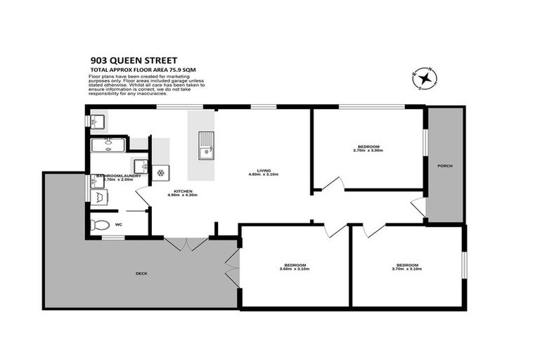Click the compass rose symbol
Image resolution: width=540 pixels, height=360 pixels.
(x=424, y=77)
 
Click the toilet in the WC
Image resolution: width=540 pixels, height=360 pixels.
(x=100, y=225)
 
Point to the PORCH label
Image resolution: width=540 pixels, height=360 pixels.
(x=444, y=166)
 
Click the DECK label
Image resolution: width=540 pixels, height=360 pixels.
(x=141, y=273)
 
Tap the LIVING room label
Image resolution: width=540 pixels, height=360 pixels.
(x=264, y=169)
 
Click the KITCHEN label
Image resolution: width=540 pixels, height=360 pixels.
(x=184, y=191)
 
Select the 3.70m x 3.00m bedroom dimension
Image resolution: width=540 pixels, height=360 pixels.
(x=367, y=150)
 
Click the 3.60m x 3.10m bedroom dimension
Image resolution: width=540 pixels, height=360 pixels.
(x=294, y=269)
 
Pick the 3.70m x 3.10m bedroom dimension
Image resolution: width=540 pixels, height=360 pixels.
(x=407, y=269)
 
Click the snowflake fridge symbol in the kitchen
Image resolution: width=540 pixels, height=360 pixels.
(x=160, y=173)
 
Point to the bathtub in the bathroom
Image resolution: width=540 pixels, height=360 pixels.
(x=108, y=145)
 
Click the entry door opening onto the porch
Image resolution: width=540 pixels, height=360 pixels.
(x=419, y=207)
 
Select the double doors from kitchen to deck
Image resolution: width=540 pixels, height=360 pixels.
(x=187, y=243)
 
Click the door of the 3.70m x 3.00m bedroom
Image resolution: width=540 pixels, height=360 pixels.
(x=333, y=184)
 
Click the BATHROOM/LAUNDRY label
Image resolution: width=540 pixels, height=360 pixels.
(x=118, y=175)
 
